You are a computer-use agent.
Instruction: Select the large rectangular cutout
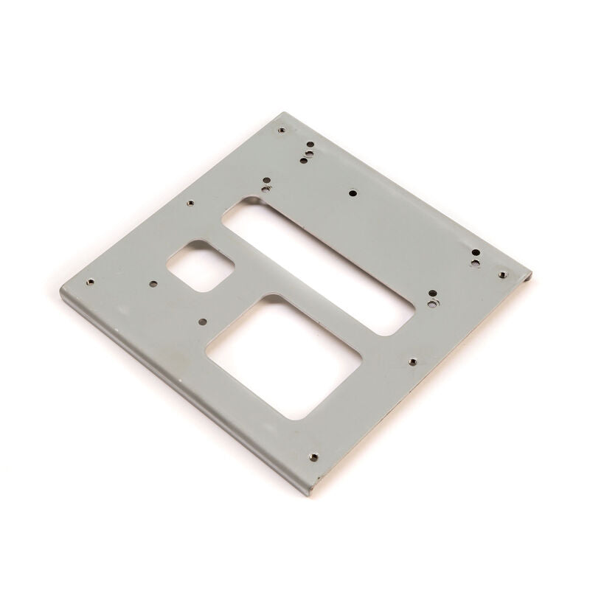point(284,358)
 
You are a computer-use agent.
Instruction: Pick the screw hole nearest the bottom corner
point(313,457)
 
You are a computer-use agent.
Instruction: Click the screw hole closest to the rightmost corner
point(502,274)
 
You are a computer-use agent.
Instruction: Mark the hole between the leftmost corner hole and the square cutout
point(153,282)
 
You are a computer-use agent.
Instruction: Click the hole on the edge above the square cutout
point(190,203)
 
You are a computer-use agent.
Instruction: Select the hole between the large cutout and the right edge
point(413,361)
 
